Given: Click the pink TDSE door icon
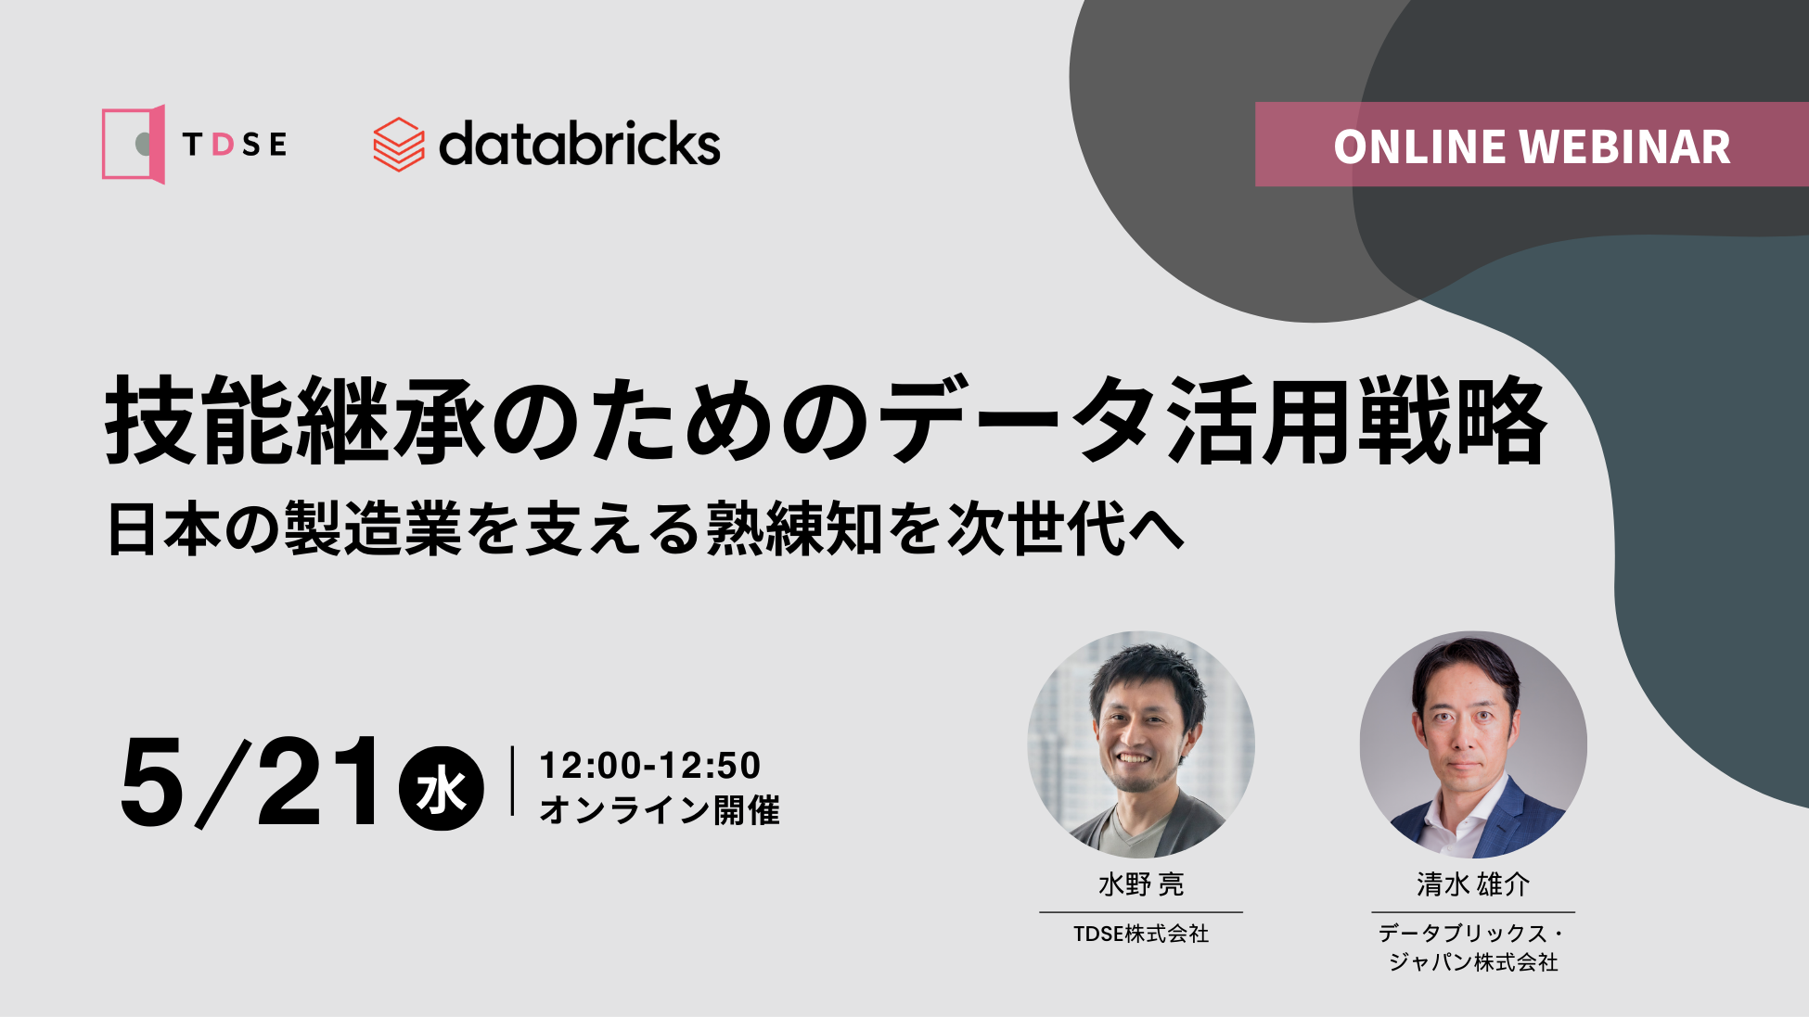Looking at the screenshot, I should coord(134,144).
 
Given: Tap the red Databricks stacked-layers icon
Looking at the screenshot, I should coord(398,145).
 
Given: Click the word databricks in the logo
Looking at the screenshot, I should coord(579,145).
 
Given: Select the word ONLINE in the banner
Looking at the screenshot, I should coord(1418,146).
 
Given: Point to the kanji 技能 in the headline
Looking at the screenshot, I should coord(201,421).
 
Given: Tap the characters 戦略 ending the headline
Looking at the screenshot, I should coord(1452,421).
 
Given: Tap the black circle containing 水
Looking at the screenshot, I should coord(441,788).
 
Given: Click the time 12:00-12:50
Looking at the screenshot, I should coord(649,766).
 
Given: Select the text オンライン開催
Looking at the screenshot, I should coord(660,809).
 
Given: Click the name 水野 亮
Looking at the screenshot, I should coord(1141,884).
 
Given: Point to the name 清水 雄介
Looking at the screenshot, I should coord(1473,884).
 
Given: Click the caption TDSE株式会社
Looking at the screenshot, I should coord(1141,934).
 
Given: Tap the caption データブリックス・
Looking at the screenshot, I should coord(1472,933).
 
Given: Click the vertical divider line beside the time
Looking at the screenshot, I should coord(512,781).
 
